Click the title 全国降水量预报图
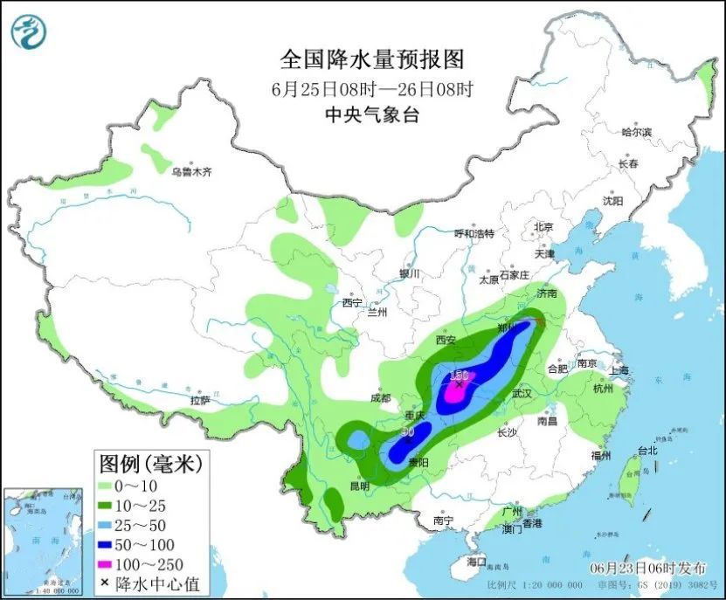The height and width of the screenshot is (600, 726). point(371,59)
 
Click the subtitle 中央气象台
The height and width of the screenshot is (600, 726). point(371,114)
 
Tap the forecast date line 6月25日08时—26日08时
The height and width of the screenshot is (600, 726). point(371,88)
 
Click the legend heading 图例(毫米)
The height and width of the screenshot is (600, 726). point(149,463)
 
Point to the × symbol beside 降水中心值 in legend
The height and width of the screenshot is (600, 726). point(106,583)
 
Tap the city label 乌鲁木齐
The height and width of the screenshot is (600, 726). point(191,172)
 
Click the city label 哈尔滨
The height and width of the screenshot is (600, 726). point(636,133)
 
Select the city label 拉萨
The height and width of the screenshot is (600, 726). point(200,401)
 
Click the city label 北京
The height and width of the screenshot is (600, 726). point(543,227)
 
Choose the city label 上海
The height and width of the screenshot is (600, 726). point(623,369)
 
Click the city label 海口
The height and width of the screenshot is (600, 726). point(476,561)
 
